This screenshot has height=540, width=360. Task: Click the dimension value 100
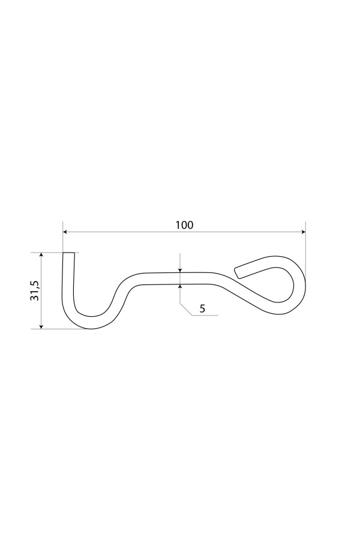pyautogui.click(x=184, y=225)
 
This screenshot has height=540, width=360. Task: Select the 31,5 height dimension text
pyautogui.click(x=35, y=290)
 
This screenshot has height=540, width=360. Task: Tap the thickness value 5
pyautogui.click(x=202, y=308)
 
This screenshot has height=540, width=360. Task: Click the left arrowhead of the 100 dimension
pyautogui.click(x=65, y=232)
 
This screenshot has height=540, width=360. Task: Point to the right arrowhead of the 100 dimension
pyautogui.click(x=303, y=232)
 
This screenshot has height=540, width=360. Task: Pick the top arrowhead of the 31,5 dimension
pyautogui.click(x=41, y=255)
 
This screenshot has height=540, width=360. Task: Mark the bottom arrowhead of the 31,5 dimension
pyautogui.click(x=41, y=326)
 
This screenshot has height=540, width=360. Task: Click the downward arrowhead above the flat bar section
pyautogui.click(x=180, y=271)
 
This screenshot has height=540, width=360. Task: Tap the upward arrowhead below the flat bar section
pyautogui.click(x=180, y=287)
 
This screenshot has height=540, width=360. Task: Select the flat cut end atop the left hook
pyautogui.click(x=68, y=253)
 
